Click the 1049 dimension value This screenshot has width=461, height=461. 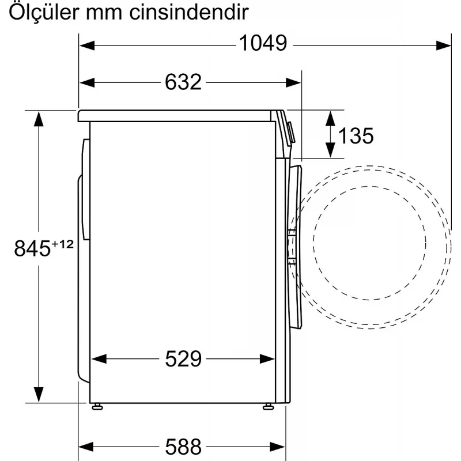263,44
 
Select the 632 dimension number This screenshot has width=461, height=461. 183,82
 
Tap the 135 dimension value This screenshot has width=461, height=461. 356,135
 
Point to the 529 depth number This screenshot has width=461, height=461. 183,358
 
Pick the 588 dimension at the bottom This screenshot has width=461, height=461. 183,447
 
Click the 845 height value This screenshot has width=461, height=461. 32,248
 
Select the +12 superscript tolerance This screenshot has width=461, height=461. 63,244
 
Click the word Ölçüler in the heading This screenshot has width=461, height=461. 44,12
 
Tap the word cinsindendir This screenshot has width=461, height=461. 190,12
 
